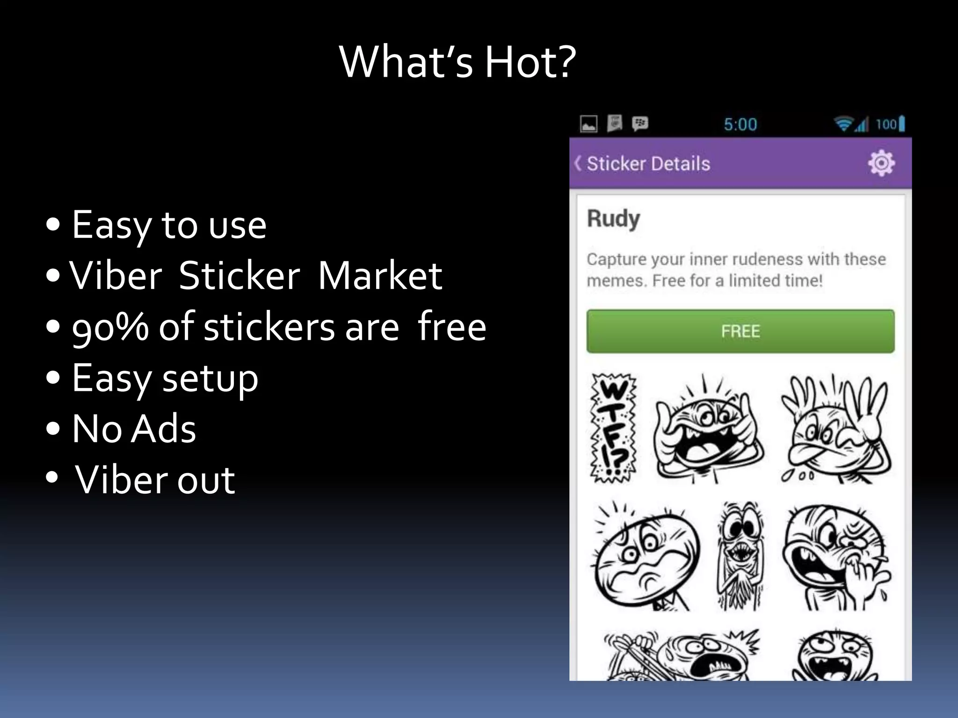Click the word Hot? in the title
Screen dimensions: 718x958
[x=530, y=62]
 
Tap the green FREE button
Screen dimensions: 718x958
[x=740, y=331]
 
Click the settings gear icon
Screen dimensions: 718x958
[x=881, y=163]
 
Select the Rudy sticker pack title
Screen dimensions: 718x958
[x=613, y=219]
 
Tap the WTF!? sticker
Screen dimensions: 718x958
[x=613, y=428]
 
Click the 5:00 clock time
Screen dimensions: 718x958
[x=740, y=124]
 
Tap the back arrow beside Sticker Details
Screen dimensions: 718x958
[x=579, y=164]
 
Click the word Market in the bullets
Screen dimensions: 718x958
[x=380, y=276]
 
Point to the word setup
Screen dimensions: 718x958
[x=210, y=379]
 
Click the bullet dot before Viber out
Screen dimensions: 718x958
[x=52, y=478]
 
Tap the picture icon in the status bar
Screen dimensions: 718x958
[x=588, y=124]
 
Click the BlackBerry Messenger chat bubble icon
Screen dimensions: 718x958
[x=640, y=124]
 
